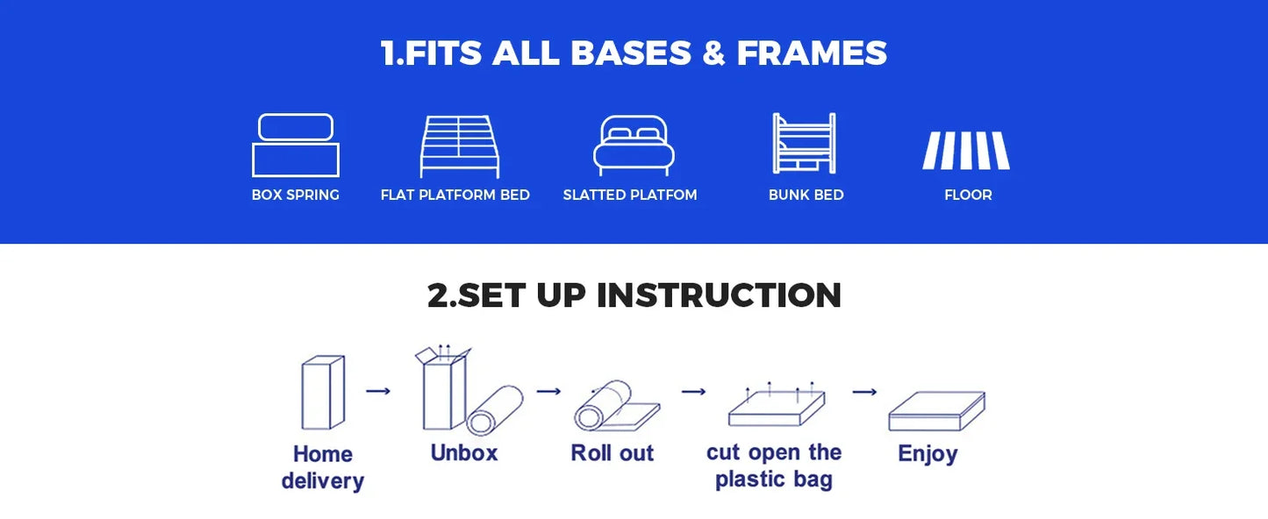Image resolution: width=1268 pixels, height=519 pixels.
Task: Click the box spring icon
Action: (x=296, y=160)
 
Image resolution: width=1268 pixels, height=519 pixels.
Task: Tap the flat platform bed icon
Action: (x=460, y=146)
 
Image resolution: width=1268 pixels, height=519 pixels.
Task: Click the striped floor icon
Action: (x=966, y=151)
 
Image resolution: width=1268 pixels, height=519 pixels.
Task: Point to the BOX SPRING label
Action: (x=296, y=195)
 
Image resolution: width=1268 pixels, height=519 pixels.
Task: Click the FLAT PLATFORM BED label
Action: (x=455, y=195)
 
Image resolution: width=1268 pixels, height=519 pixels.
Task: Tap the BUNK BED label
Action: (x=806, y=195)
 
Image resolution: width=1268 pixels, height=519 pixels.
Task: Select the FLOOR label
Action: (x=968, y=195)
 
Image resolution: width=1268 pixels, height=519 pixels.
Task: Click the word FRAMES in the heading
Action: (x=812, y=53)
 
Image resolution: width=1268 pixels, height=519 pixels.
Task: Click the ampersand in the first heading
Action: (x=713, y=53)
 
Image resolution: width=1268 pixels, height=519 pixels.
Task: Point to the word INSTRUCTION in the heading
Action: (x=719, y=295)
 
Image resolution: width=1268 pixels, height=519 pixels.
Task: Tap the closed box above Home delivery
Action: (x=323, y=393)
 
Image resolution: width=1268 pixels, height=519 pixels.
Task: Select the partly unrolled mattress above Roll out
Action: (x=617, y=406)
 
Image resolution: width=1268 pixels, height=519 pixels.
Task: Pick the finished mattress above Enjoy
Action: (x=937, y=411)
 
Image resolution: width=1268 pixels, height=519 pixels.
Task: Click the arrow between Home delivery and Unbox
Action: (x=378, y=391)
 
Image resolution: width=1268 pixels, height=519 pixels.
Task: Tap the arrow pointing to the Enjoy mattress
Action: (x=864, y=392)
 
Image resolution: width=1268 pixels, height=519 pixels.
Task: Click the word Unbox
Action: (x=464, y=453)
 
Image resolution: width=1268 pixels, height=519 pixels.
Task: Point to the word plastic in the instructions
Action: (x=749, y=480)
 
